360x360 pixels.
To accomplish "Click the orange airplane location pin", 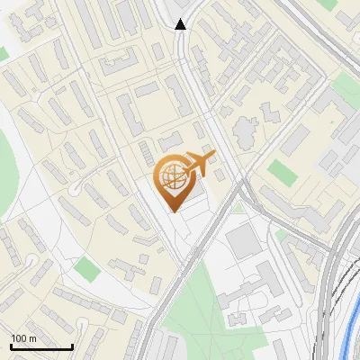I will pos(173,180).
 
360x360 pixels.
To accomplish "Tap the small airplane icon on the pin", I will pos(197,164).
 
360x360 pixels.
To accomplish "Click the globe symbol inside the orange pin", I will pos(173,176).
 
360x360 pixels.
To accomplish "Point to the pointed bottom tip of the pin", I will pos(173,211).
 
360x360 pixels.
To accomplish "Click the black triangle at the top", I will pos(181,24).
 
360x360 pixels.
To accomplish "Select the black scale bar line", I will pos(41,347).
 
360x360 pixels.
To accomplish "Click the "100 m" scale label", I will pos(23,338).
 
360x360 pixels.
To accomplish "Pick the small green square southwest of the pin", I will pos(86,267).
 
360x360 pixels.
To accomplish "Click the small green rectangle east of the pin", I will pos(282,172).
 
